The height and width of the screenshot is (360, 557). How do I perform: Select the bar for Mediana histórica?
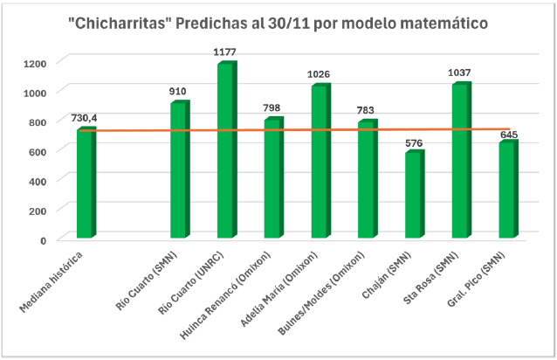pos(86,183)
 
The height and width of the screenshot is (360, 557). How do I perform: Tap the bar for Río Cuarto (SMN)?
pos(178,170)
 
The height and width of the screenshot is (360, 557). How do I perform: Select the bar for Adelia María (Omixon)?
pos(320,162)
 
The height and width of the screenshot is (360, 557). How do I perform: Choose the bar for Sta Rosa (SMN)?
pos(460,161)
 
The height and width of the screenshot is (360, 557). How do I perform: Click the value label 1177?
pos(225,53)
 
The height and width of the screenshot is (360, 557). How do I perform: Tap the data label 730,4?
pos(86,118)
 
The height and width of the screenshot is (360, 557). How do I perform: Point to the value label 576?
pos(414,142)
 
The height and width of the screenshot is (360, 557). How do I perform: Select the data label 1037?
pos(461,73)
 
